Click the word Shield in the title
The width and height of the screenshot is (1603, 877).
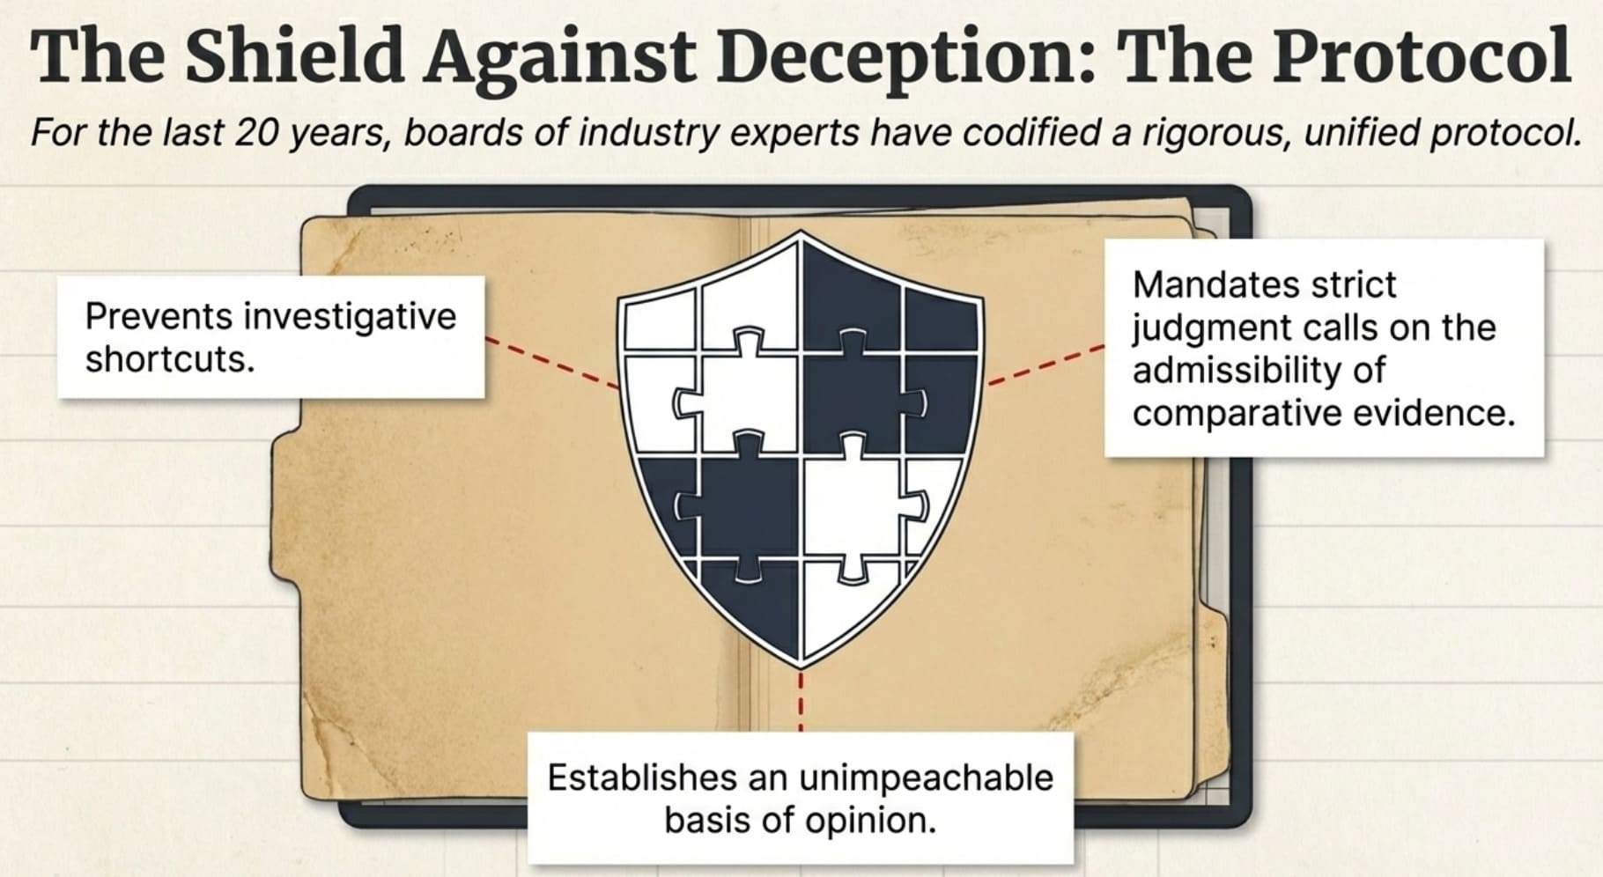pos(293,56)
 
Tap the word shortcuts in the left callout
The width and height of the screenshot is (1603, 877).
pos(169,359)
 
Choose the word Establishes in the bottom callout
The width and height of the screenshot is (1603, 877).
pos(641,778)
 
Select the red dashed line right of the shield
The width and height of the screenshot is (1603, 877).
pos(1045,365)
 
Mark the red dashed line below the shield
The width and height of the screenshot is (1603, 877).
pos(801,701)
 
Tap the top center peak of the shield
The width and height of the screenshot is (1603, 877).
pos(801,233)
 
